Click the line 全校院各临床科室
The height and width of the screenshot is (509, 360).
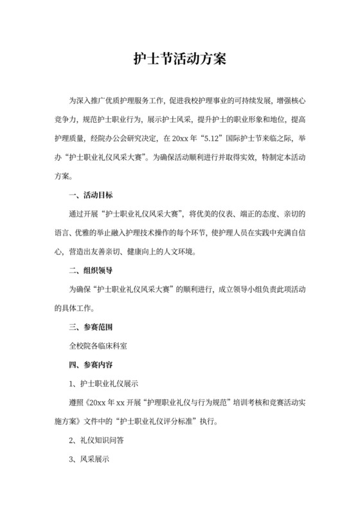[x=98, y=346]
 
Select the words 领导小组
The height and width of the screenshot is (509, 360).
[x=240, y=289]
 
